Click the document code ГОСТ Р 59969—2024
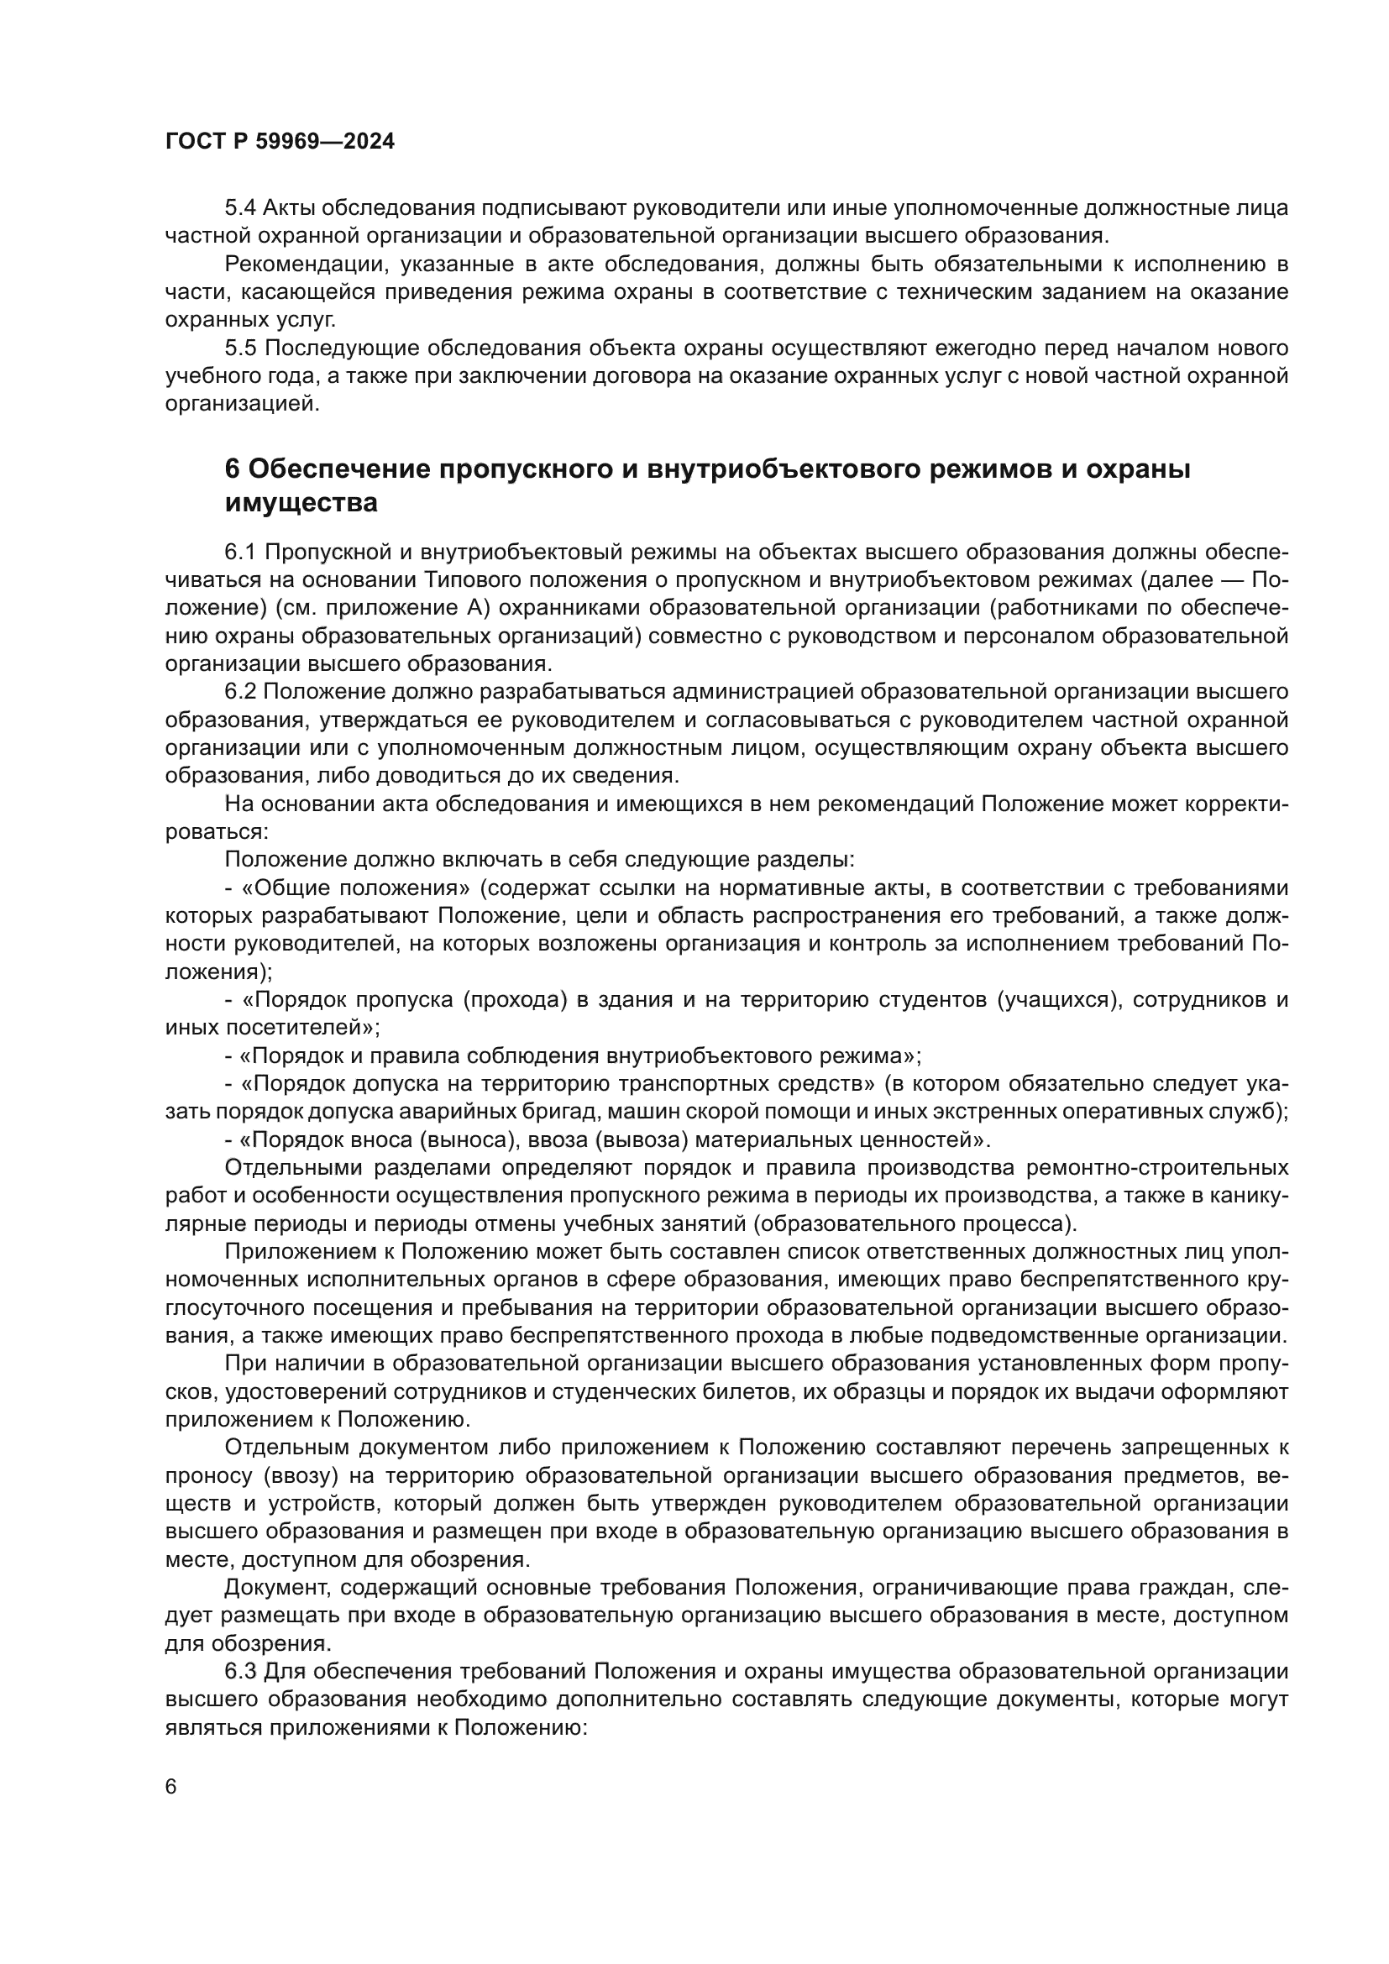280,142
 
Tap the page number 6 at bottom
171,1787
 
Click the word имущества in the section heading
301,503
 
